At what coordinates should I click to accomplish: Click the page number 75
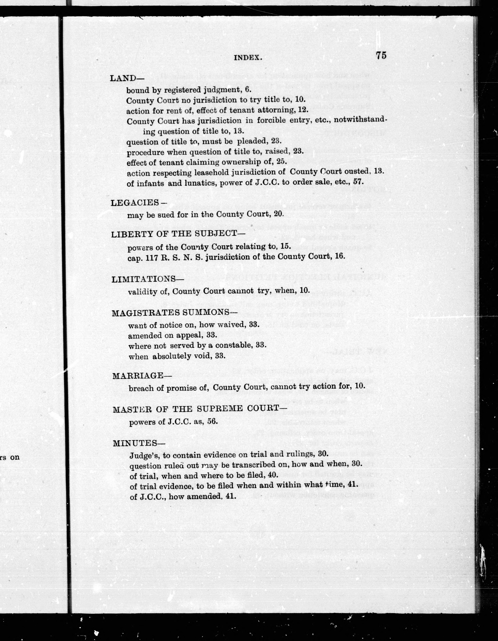381,55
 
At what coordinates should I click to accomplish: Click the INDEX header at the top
248,58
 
